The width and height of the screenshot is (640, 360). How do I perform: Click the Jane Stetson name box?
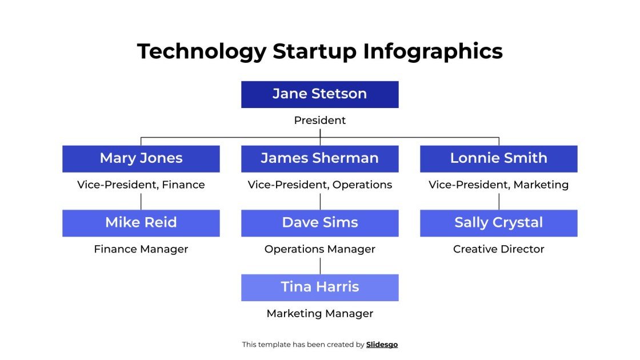(x=319, y=94)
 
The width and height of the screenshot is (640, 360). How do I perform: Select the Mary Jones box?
(x=141, y=158)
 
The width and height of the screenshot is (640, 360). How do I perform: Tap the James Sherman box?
(x=319, y=158)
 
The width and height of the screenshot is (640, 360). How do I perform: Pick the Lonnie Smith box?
(x=498, y=158)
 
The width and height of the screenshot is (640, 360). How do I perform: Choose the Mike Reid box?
(x=141, y=223)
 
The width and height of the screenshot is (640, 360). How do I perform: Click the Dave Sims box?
(x=319, y=223)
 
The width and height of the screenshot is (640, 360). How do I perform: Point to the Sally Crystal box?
(x=498, y=223)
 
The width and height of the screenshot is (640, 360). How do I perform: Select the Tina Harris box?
(x=319, y=287)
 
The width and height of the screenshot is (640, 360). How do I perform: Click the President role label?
(x=319, y=121)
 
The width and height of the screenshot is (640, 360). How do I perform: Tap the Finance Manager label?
(x=141, y=249)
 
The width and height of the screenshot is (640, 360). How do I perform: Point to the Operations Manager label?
(x=319, y=249)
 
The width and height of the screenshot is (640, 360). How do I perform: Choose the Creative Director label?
(x=498, y=249)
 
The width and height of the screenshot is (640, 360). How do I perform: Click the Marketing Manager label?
(x=319, y=314)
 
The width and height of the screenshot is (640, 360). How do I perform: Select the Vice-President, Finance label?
(x=141, y=185)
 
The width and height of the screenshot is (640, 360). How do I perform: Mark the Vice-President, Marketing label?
(x=498, y=185)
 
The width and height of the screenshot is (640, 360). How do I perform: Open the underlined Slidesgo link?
(x=382, y=345)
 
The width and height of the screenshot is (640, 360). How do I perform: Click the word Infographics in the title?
(x=433, y=51)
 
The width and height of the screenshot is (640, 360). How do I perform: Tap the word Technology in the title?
(x=201, y=51)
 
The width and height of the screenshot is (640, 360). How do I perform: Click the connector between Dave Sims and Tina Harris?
(x=320, y=266)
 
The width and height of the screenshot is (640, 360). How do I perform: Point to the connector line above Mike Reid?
(x=141, y=201)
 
